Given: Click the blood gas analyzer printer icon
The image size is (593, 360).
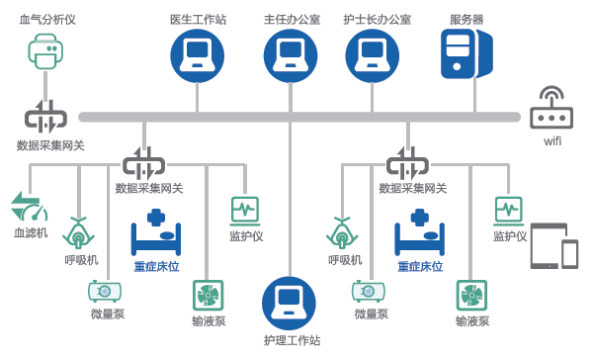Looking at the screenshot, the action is coord(45,51).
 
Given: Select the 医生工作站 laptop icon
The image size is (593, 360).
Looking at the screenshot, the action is coord(197,55).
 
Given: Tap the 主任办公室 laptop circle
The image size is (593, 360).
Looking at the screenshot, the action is coord(291,55).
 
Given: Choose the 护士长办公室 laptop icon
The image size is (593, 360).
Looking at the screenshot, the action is coord(373,55).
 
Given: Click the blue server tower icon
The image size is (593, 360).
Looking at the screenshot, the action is coord(467,54).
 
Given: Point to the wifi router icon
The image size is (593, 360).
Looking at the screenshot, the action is coord(551,108).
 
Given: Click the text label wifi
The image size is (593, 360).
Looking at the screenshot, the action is coord(552,141).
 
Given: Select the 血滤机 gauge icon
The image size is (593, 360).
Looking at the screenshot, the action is coord(30,207).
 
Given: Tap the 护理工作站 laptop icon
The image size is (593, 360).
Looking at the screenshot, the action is coord(289,304).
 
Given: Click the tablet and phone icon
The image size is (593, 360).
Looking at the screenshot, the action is coord(554,246).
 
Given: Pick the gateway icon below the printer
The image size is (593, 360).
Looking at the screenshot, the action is coord(45,117).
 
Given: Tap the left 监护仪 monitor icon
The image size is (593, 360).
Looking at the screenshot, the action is coord(245,211).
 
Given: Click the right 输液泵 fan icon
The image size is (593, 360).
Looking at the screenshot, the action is coord(471,296).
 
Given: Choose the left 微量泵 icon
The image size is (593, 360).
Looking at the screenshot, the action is coord(105,291).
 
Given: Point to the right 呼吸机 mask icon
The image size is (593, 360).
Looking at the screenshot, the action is coord(342,232).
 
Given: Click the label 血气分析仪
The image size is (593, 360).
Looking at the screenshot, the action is coord(47,20).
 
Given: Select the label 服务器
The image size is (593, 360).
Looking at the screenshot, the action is coord(466,20).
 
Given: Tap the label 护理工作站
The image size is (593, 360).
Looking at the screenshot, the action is coord(292,340).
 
